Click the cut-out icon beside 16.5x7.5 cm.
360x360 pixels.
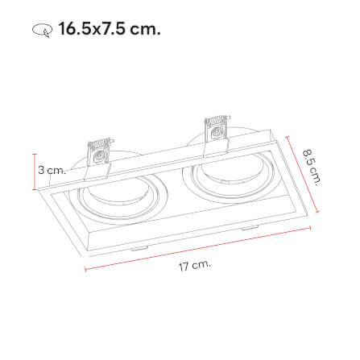point(41,31)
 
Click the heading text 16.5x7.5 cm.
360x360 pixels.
point(109,30)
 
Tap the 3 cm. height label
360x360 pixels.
point(51,170)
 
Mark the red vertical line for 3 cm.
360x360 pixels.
point(35,172)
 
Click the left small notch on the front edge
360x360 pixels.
point(139,249)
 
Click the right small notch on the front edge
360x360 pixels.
point(246,230)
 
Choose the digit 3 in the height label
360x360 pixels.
point(41,170)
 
